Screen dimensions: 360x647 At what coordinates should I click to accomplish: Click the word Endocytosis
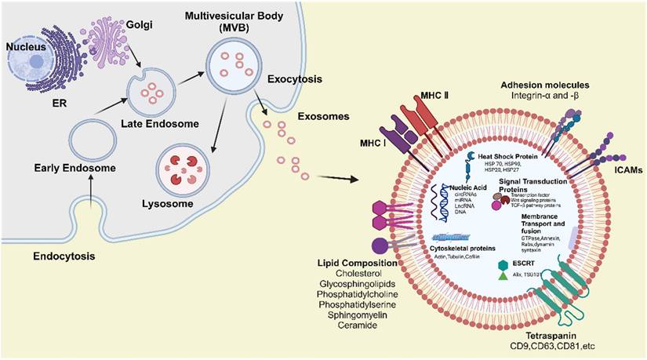click(65, 256)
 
